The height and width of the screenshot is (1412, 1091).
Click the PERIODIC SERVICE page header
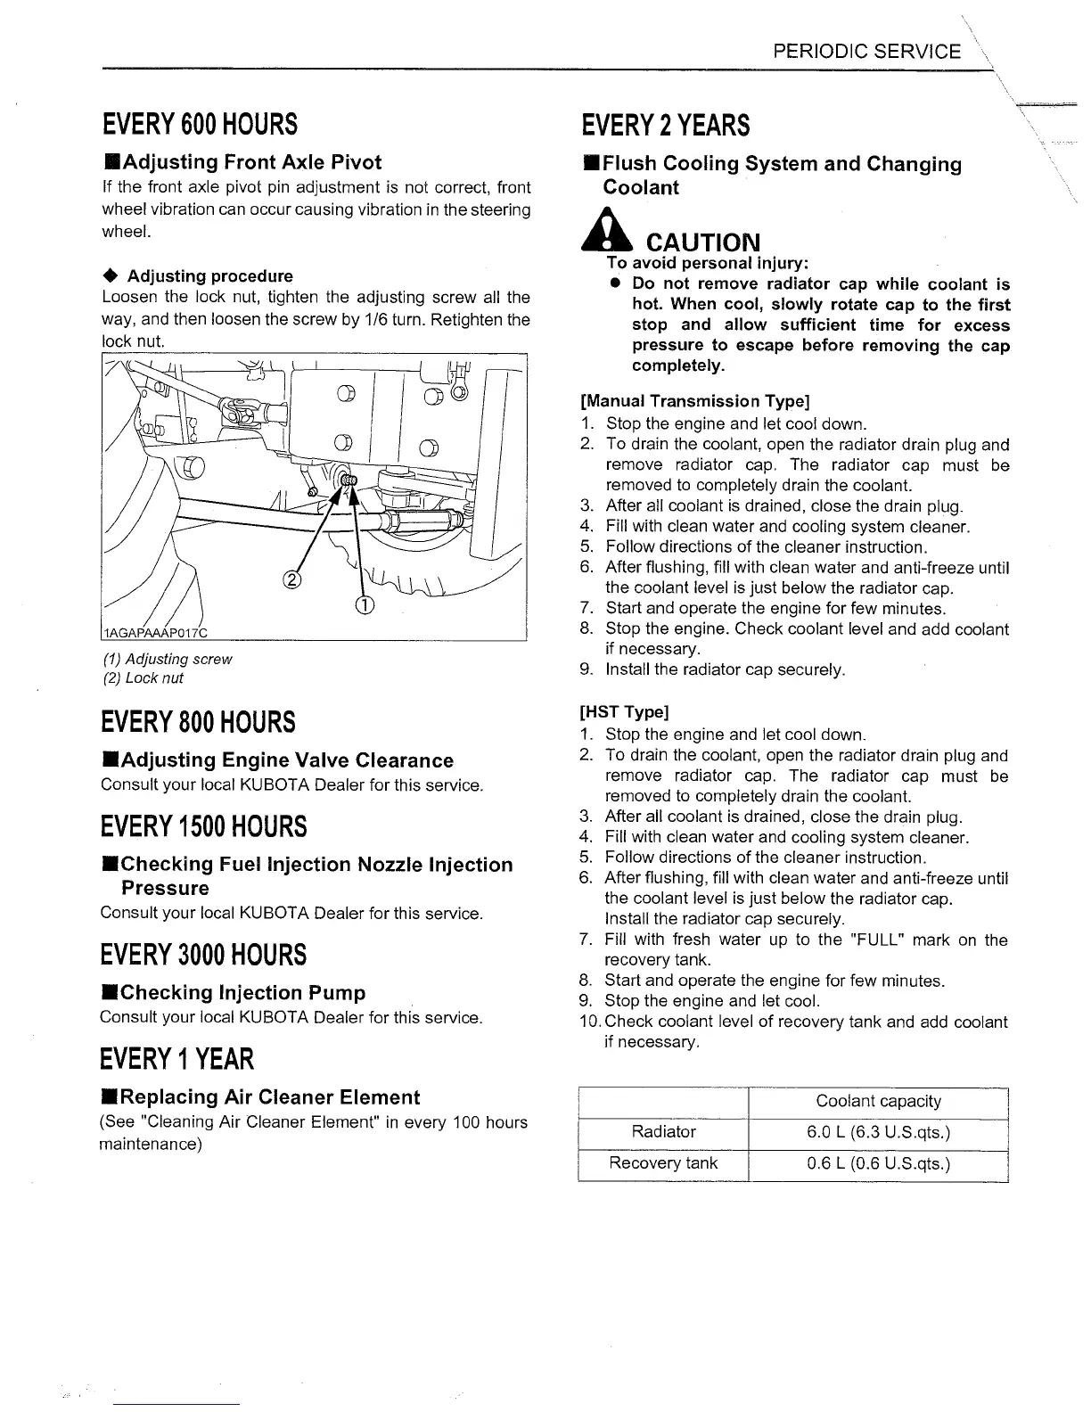point(866,52)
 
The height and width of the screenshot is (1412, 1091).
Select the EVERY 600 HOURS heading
point(198,124)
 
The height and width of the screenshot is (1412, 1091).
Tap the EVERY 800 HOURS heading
point(198,721)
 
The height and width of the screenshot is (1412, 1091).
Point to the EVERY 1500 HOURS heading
point(203,826)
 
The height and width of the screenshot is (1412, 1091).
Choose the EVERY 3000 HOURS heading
point(203,955)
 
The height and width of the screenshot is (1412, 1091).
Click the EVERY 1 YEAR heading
point(176,1059)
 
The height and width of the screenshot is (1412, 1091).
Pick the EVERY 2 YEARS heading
point(664,126)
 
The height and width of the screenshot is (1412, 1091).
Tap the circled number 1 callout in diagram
point(365,606)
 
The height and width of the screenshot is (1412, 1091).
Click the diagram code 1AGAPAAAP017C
point(154,633)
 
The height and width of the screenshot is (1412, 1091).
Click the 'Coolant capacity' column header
point(878,1102)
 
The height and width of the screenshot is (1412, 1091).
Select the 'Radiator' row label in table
point(663,1132)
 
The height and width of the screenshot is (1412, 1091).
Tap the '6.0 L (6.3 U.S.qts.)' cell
point(878,1132)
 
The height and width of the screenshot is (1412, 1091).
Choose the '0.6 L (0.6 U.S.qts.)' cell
point(878,1163)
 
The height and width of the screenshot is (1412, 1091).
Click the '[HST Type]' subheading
point(623,712)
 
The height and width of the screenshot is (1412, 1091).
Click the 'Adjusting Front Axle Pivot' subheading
point(242,162)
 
